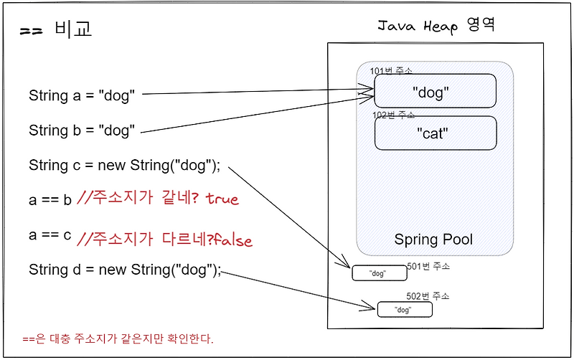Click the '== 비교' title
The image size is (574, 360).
57,30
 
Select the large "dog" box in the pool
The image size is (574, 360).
435,92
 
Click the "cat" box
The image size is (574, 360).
435,133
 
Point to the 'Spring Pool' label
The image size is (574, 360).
433,239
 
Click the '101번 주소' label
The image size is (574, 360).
391,70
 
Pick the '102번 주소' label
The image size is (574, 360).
394,115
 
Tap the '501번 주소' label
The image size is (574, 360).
428,266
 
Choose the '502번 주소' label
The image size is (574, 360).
428,296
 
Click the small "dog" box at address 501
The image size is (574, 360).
379,273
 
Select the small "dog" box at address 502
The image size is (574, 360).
405,310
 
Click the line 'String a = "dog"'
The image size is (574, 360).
82,95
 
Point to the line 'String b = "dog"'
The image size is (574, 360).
82,131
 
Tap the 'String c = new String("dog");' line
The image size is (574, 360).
124,166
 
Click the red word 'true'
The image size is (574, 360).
222,199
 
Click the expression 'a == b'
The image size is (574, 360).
50,200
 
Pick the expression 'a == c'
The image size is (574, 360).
50,235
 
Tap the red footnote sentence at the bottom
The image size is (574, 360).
118,338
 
